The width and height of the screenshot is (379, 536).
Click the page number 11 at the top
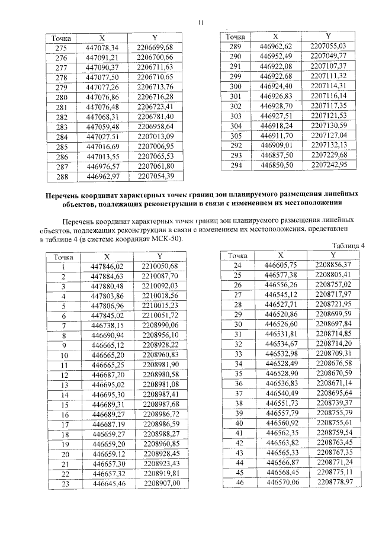(x=201, y=23)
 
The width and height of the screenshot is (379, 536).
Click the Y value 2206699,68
(x=154, y=47)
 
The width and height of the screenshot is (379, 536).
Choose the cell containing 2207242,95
(x=328, y=164)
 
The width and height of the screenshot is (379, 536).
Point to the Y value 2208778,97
(x=334, y=483)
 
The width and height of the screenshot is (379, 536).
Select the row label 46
(x=240, y=483)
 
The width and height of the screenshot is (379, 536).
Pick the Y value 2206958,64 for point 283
(x=154, y=127)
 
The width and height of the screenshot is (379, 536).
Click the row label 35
(x=240, y=374)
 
